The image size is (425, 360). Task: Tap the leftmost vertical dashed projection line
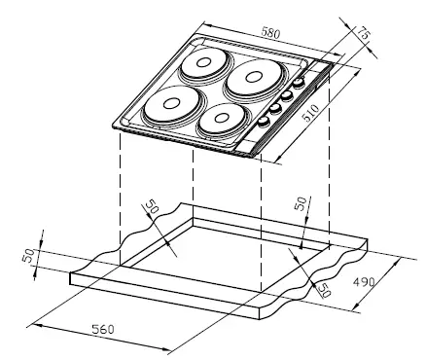(120, 195)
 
